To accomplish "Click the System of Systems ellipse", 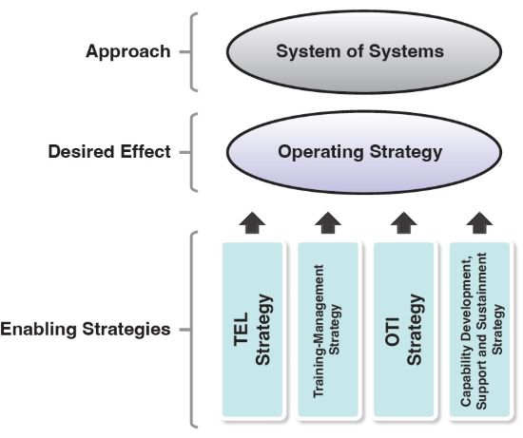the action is (364, 51).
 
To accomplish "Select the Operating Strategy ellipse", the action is (364, 152).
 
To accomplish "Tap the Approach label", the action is (128, 52).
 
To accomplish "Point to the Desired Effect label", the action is (109, 152).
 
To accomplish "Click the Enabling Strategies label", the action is (86, 330).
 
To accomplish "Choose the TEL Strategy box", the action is (253, 330).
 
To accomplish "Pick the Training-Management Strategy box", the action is (328, 330).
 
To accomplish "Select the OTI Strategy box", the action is (404, 330).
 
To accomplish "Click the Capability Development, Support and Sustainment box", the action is (479, 330).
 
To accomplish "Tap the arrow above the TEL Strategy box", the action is (253, 222).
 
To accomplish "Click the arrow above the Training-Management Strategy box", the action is (328, 222).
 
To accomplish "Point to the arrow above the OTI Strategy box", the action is (404, 222).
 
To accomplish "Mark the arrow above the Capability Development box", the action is (479, 222).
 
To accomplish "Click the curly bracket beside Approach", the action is (191, 52).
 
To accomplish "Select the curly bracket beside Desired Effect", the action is (191, 153).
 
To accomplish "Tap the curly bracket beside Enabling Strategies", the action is (191, 330).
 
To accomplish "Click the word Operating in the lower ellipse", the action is (320, 152).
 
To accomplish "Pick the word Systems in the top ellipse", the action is (406, 51).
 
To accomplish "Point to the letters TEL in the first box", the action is (242, 330).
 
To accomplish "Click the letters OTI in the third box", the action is (392, 332).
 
